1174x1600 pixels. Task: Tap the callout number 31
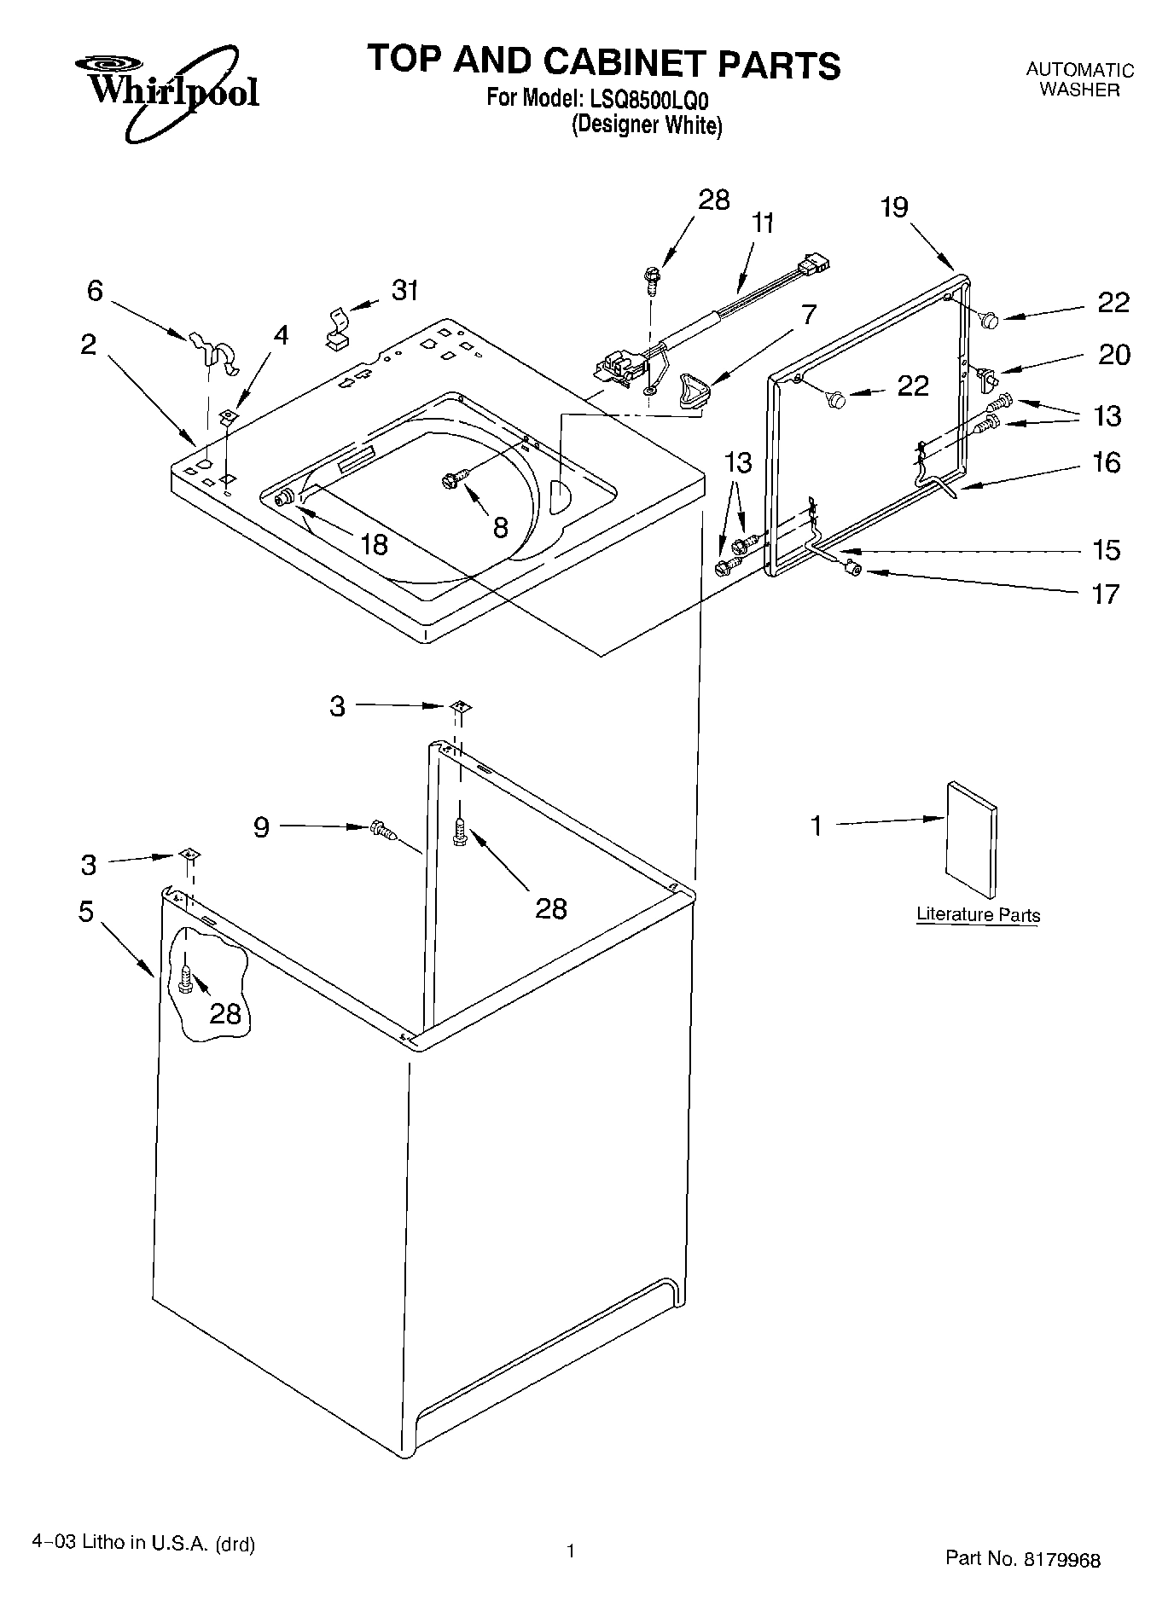(404, 291)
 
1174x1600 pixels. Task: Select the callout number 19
(894, 207)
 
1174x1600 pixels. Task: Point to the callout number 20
(1113, 354)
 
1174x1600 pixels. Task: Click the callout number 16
(1107, 463)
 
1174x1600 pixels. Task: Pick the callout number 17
(1105, 594)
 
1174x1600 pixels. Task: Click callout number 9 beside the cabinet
(261, 826)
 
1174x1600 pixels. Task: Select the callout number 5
(85, 911)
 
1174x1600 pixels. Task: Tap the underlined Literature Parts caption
(978, 915)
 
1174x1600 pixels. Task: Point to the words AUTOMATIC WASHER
(1079, 79)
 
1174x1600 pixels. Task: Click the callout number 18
(374, 544)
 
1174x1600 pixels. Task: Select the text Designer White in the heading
(647, 125)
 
